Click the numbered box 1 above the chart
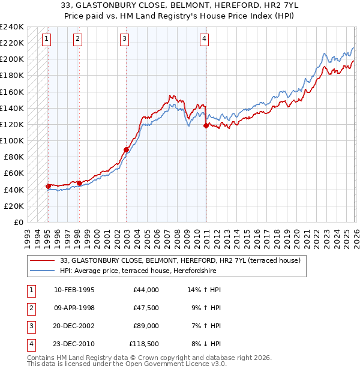[47, 39]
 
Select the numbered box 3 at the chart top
[124, 39]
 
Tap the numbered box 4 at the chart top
[204, 39]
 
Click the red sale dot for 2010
[206, 126]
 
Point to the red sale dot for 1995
[48, 186]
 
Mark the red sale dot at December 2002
[126, 149]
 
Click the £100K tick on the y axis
[12, 140]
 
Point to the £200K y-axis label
[12, 59]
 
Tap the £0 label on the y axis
[18, 222]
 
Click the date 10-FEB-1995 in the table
[74, 290]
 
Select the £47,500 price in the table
[144, 308]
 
